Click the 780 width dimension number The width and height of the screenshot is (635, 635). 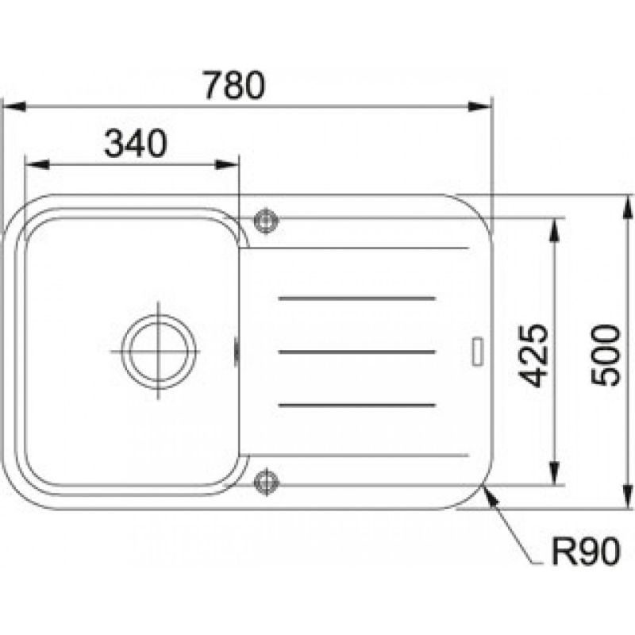point(234,86)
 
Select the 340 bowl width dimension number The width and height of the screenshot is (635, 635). point(135,144)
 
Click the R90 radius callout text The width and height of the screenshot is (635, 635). point(586,551)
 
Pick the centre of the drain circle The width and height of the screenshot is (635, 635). point(159,350)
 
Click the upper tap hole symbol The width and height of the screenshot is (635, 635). point(266,221)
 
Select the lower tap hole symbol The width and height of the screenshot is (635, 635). point(266,482)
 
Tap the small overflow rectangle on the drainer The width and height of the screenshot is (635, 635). point(478,352)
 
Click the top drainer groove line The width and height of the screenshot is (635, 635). point(356,298)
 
